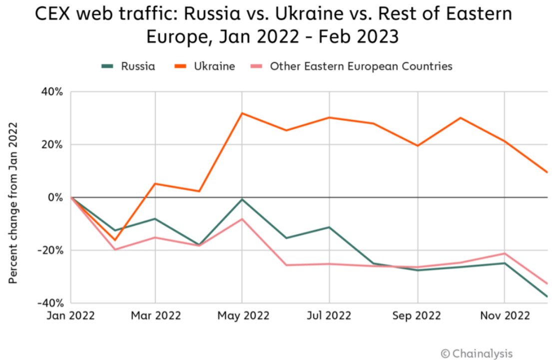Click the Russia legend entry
tap(128, 66)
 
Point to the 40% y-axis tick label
tap(51, 92)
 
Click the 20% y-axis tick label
tap(51, 145)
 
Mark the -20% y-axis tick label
tap(49, 250)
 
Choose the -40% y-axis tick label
tap(49, 303)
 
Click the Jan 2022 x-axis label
tap(71, 316)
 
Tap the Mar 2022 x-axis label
tap(155, 316)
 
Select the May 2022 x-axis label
tap(243, 316)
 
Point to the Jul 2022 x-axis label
tap(330, 316)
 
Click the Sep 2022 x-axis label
tap(417, 316)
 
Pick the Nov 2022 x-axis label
tap(504, 316)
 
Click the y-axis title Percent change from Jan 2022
tap(13, 202)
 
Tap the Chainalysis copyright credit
tap(477, 354)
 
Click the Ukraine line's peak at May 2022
tap(242, 113)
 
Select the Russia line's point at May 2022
tap(242, 199)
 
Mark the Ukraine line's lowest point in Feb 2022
tap(115, 240)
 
